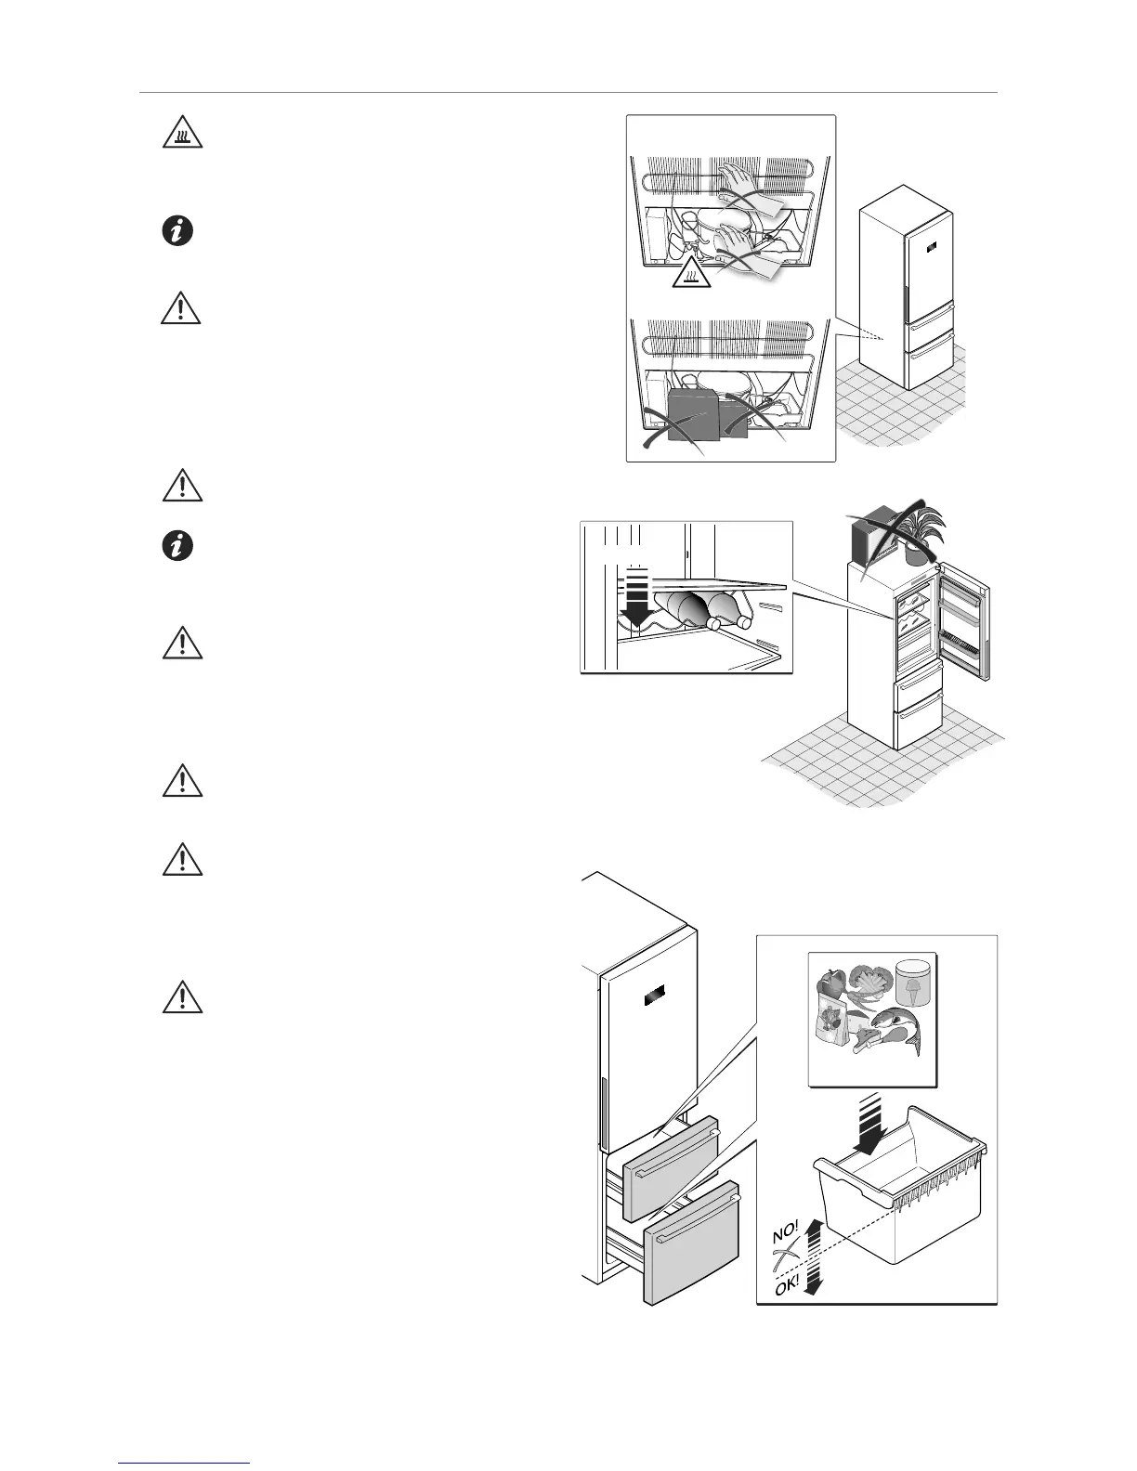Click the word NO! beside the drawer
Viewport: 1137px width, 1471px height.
point(786,1234)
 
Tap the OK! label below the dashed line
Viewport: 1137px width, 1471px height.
point(790,1285)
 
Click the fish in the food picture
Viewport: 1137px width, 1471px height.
point(895,1029)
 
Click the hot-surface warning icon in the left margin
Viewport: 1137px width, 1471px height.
point(182,137)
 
